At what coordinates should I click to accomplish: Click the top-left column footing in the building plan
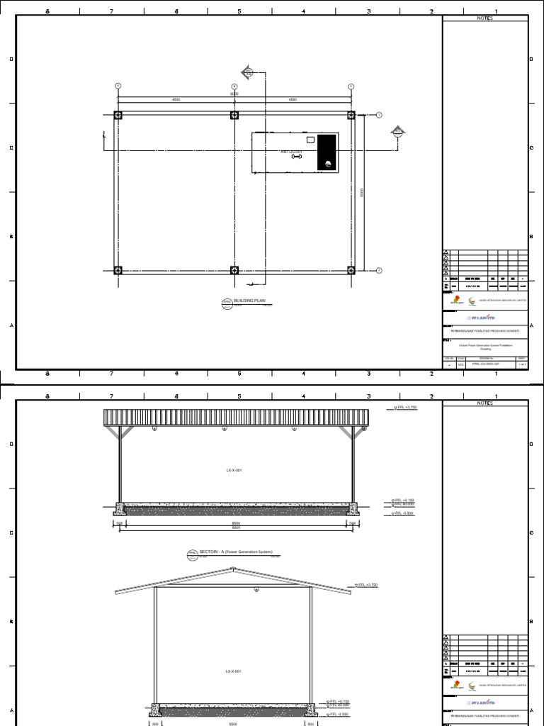[x=118, y=115]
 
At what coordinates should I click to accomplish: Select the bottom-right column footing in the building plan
[x=351, y=270]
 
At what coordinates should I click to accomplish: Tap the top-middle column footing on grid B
[x=234, y=115]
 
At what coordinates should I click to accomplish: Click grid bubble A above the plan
[x=118, y=86]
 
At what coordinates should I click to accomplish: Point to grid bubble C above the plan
[x=351, y=86]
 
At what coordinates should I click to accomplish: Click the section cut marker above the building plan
[x=249, y=72]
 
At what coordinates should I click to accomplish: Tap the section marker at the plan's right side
[x=399, y=131]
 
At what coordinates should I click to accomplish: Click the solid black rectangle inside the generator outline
[x=327, y=152]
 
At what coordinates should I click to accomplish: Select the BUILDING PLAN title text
[x=248, y=301]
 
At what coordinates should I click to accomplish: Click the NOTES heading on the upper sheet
[x=485, y=18]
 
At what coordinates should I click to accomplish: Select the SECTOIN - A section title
[x=236, y=552]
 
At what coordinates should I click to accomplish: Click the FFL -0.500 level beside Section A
[x=404, y=513]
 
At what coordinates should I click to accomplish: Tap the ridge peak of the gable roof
[x=234, y=569]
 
